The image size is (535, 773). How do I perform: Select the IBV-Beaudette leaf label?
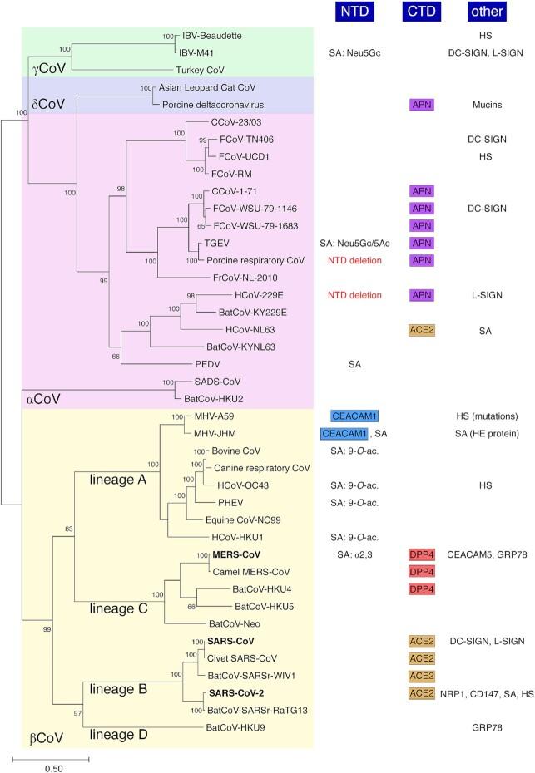[x=211, y=37]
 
